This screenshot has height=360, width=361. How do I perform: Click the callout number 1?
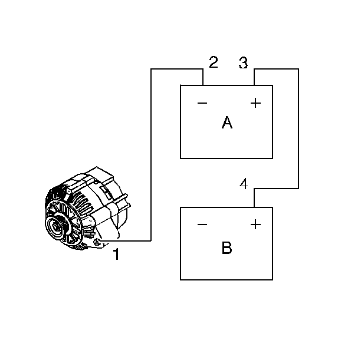pyautogui.click(x=116, y=255)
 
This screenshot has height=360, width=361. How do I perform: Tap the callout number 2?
pyautogui.click(x=214, y=62)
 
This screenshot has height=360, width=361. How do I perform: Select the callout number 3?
pyautogui.click(x=243, y=63)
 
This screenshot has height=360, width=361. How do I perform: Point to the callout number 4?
pyautogui.click(x=244, y=184)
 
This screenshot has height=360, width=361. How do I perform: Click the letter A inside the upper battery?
pyautogui.click(x=227, y=123)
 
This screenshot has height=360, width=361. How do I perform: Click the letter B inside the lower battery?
pyautogui.click(x=227, y=248)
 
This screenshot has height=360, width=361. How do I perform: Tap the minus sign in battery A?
pyautogui.click(x=202, y=104)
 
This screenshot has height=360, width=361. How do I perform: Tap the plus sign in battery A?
pyautogui.click(x=255, y=104)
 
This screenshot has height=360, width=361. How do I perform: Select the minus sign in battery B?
pyautogui.click(x=202, y=224)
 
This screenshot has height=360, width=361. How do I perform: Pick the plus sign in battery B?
pyautogui.click(x=255, y=224)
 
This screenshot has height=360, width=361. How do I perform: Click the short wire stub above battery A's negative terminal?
pyautogui.click(x=203, y=77)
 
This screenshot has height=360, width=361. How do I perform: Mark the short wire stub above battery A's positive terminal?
pyautogui.click(x=254, y=77)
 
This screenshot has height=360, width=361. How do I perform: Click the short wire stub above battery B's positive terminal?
pyautogui.click(x=254, y=198)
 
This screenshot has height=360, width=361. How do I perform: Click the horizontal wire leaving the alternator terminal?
pyautogui.click(x=127, y=241)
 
